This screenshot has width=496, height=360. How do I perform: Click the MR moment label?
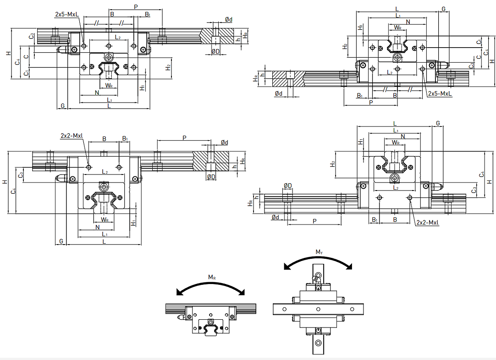click(x=212, y=277)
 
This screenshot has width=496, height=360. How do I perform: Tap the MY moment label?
click(x=319, y=252)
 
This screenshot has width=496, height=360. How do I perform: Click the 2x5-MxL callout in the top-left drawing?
click(x=66, y=14)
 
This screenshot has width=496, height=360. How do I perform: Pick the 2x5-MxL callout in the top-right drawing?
click(x=440, y=93)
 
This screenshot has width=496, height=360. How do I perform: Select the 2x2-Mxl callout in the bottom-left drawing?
click(x=72, y=136)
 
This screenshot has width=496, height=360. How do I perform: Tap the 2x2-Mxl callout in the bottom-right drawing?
click(x=428, y=223)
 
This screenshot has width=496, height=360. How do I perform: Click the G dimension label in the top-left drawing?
click(x=62, y=106)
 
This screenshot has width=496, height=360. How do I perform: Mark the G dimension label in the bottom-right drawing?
click(x=438, y=124)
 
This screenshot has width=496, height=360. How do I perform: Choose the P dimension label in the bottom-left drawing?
click(x=184, y=137)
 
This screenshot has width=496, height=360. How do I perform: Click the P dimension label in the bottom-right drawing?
click(x=314, y=221)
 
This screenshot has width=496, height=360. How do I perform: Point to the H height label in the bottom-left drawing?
click(x=5, y=182)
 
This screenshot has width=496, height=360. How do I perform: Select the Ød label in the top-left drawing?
click(x=228, y=19)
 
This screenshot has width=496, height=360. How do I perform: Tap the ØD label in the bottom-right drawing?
click(x=288, y=185)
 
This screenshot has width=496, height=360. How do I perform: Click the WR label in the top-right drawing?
click(x=398, y=28)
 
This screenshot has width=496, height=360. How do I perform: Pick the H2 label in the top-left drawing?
click(x=168, y=67)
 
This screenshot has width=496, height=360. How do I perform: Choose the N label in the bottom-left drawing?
click(x=97, y=227)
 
